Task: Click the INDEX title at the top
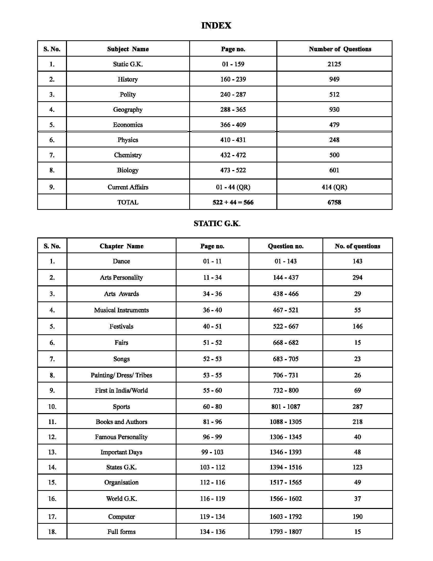[216, 25]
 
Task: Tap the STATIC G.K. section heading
[217, 223]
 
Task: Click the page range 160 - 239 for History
[233, 79]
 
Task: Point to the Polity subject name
[128, 95]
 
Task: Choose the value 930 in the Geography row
[334, 110]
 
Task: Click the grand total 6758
[334, 202]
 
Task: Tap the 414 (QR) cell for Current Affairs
[334, 187]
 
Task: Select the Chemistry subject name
[128, 155]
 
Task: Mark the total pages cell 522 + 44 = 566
[233, 202]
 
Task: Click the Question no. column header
[286, 246]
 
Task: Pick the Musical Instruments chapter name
[121, 310]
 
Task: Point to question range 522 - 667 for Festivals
[286, 326]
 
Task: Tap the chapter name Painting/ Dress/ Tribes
[121, 375]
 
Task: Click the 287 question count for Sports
[357, 407]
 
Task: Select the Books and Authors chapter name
[121, 422]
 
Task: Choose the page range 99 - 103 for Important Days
[212, 452]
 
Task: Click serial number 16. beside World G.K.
[52, 499]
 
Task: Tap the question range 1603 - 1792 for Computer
[286, 517]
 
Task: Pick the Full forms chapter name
[121, 532]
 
